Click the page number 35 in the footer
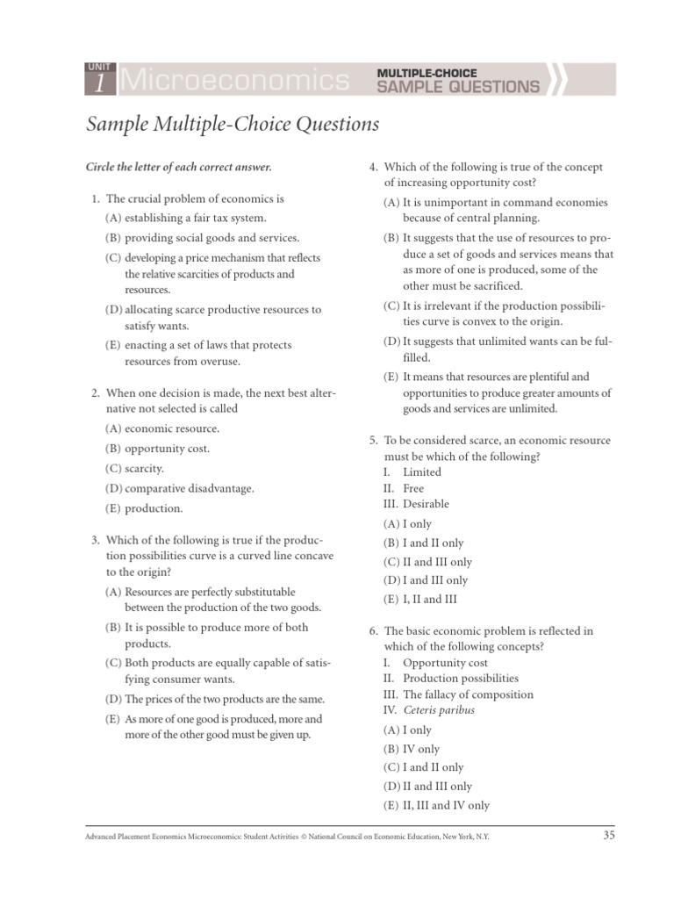[609, 836]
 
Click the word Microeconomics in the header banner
[233, 82]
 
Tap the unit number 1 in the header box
[98, 84]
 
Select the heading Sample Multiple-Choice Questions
[233, 125]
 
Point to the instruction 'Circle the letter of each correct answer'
[178, 167]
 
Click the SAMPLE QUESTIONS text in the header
[458, 86]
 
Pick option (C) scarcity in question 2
[134, 469]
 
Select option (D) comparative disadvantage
[179, 488]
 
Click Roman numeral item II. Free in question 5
[404, 488]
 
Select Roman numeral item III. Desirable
[416, 504]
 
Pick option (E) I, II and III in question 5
[420, 600]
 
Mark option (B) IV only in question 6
[412, 749]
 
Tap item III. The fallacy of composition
[457, 694]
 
